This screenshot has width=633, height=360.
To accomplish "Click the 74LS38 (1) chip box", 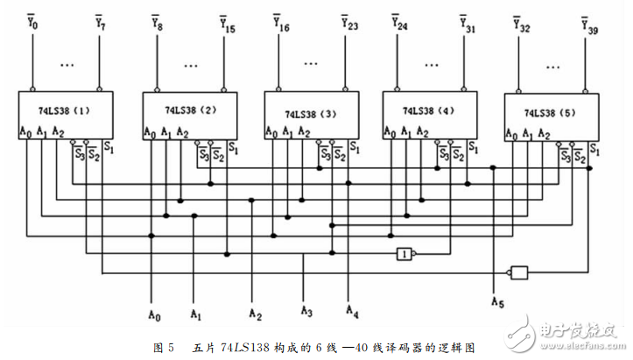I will point(67,114).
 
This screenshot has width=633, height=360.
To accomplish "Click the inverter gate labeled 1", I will point(404,253).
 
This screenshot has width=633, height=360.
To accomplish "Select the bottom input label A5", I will point(498,303).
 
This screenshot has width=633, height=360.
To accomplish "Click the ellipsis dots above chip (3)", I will point(313,63).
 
